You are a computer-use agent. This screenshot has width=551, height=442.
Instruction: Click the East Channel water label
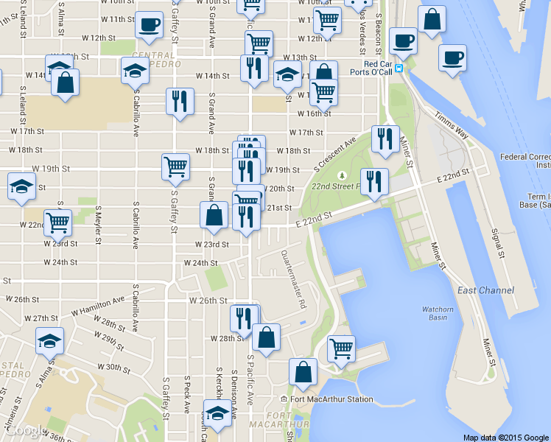click(485, 290)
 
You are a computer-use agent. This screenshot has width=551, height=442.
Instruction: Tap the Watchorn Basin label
click(438, 313)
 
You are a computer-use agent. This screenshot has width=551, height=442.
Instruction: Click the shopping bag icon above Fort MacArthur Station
click(303, 371)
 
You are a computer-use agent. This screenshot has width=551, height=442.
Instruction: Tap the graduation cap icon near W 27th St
click(49, 340)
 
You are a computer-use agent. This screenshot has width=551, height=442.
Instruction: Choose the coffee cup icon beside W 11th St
click(150, 24)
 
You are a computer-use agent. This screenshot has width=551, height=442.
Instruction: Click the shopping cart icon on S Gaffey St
click(175, 166)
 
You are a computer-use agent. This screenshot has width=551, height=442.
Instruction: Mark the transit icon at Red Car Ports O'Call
click(399, 69)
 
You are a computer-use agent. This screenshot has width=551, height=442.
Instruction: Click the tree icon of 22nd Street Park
click(341, 175)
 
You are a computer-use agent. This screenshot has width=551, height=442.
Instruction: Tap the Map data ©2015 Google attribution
click(505, 437)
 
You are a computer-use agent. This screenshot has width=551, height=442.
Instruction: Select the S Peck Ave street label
click(188, 397)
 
